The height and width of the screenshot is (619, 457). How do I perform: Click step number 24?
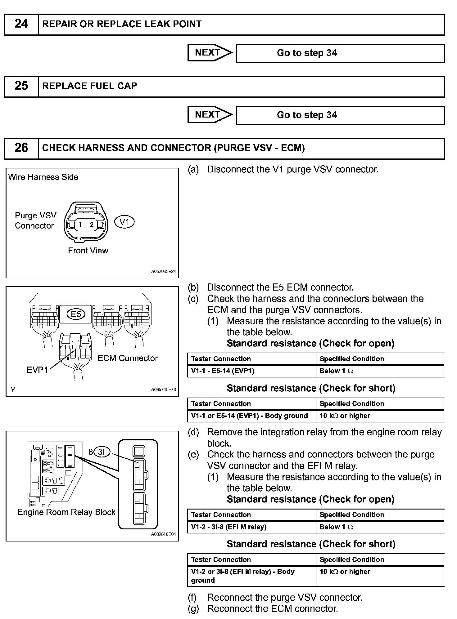coord(21,24)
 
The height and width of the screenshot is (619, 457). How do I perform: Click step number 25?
coord(21,86)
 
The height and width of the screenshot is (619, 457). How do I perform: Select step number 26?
coord(21,148)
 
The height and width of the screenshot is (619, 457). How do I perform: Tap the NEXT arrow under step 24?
coord(210,53)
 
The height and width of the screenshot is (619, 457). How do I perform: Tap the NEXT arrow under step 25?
coord(210,115)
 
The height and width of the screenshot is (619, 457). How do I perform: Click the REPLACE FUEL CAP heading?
coord(90,86)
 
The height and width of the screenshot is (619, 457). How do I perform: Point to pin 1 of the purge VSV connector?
coord(80,224)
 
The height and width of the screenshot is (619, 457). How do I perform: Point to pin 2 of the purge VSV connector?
coord(91,224)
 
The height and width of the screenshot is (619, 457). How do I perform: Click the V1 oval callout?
coord(124,222)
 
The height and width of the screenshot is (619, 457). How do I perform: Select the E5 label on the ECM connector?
coord(76,314)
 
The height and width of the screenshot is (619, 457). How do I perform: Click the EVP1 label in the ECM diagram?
coord(37,370)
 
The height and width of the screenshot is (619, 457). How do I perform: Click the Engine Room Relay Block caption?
coord(66,512)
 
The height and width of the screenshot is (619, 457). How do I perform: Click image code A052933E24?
coord(164,271)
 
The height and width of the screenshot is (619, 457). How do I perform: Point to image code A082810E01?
coord(164,534)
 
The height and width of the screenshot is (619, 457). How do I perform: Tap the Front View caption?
coord(88,251)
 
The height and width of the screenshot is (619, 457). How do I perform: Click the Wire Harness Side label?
coord(43,177)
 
